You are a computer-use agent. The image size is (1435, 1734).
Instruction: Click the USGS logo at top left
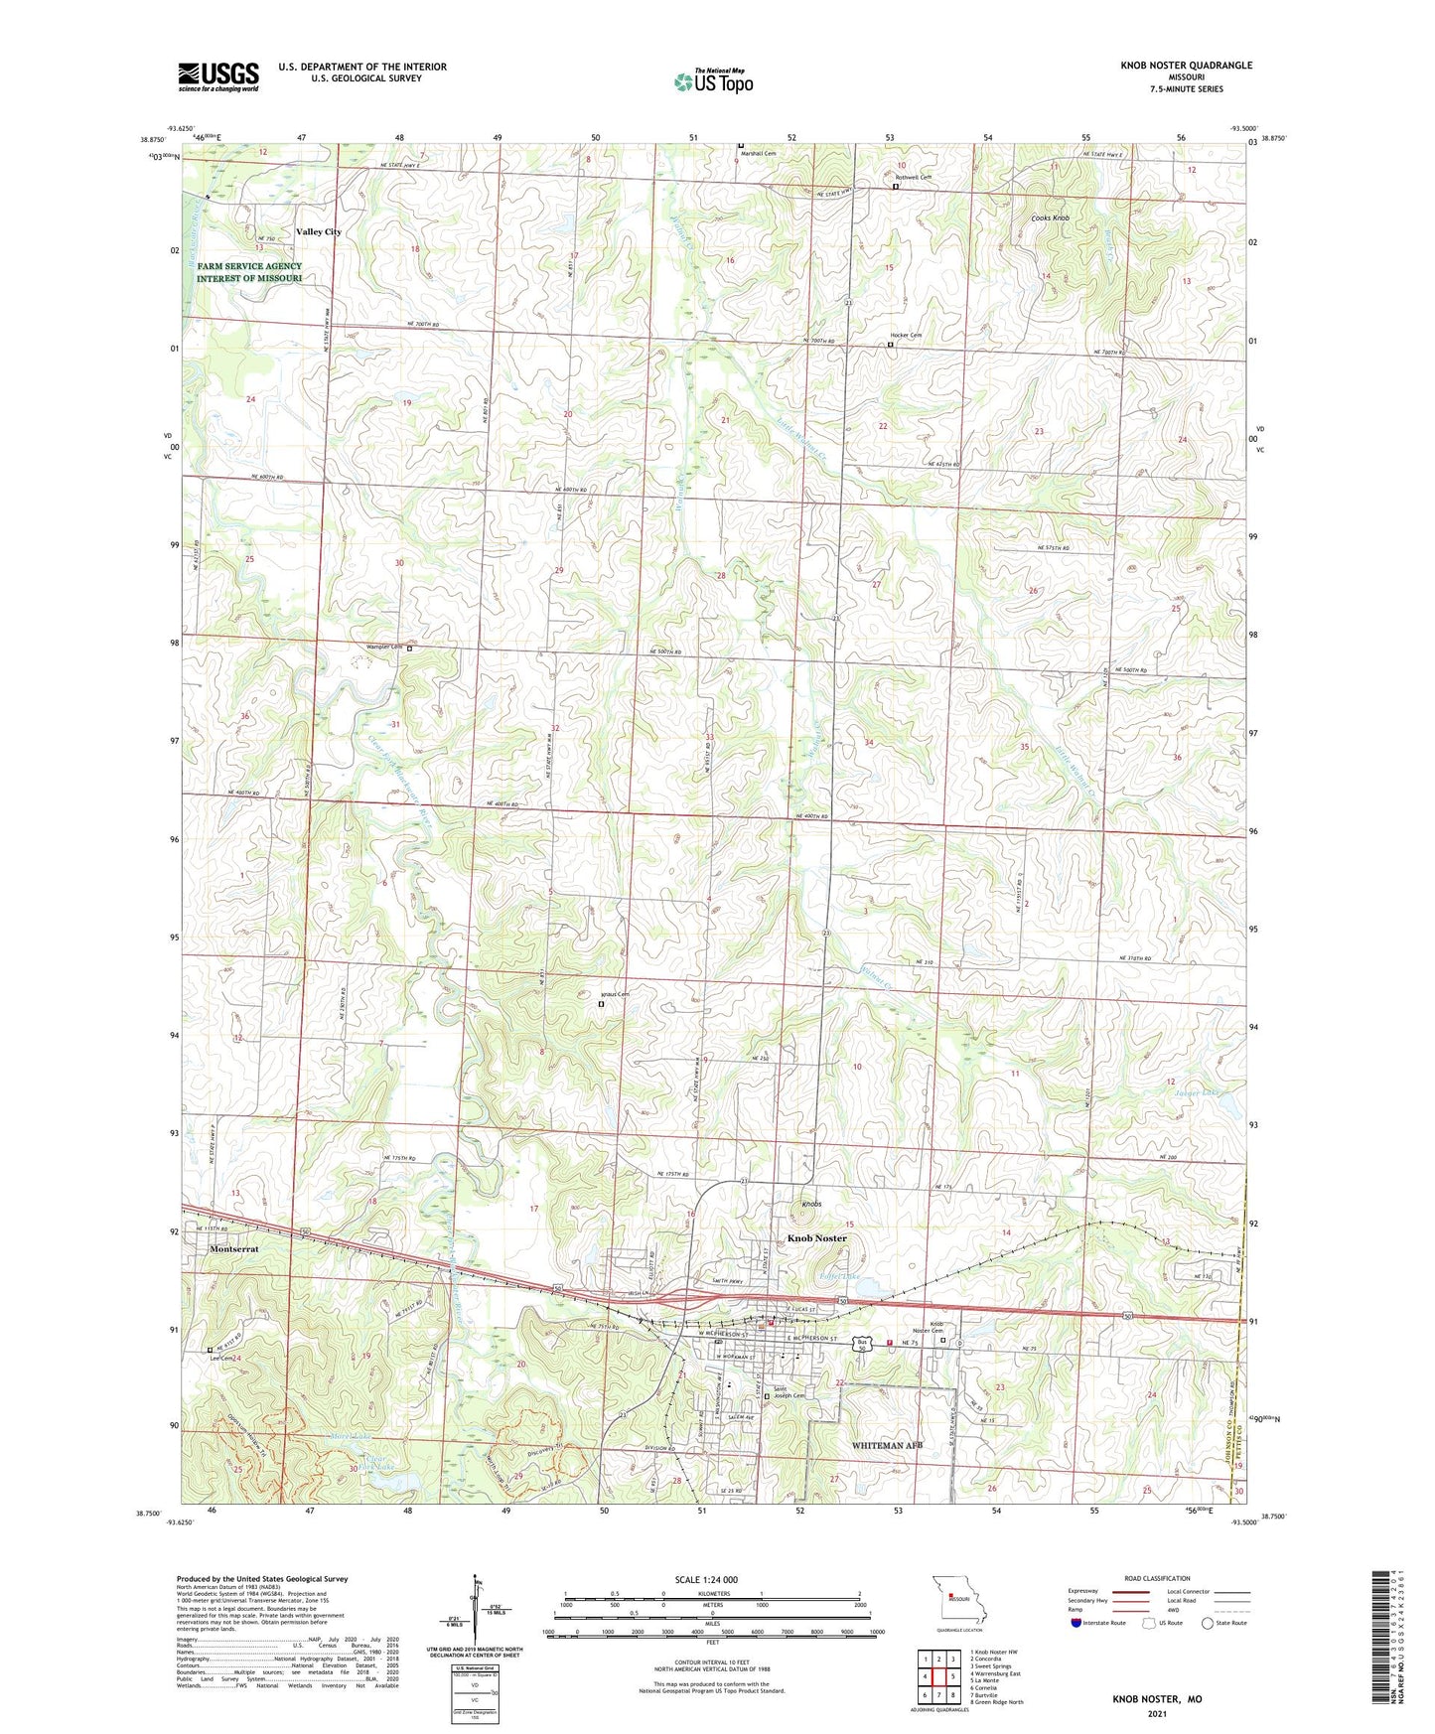(218, 76)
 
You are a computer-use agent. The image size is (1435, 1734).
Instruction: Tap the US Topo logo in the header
(712, 81)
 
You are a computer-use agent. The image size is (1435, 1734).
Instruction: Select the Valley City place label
(319, 231)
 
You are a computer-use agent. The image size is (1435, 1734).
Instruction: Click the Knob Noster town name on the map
(817, 1238)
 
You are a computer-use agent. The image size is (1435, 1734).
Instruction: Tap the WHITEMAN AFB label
(887, 1445)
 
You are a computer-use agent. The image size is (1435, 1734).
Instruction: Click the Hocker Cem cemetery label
(906, 336)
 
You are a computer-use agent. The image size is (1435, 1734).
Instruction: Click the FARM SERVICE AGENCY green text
(249, 266)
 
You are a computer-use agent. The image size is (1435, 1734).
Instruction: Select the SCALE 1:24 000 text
(705, 1580)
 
